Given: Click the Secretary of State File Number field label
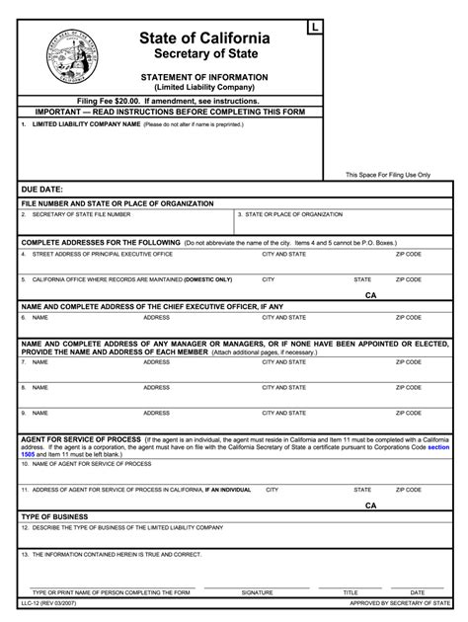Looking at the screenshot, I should click(81, 214).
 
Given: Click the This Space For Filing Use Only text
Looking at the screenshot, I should click(388, 175).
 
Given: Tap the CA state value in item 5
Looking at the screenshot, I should click(370, 294).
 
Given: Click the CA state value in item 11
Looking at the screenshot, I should click(370, 505).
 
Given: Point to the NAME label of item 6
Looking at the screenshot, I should click(39, 318).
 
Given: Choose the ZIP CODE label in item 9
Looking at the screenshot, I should click(409, 414).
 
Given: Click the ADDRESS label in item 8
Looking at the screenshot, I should click(157, 388).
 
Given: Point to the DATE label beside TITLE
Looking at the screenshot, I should click(408, 592).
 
